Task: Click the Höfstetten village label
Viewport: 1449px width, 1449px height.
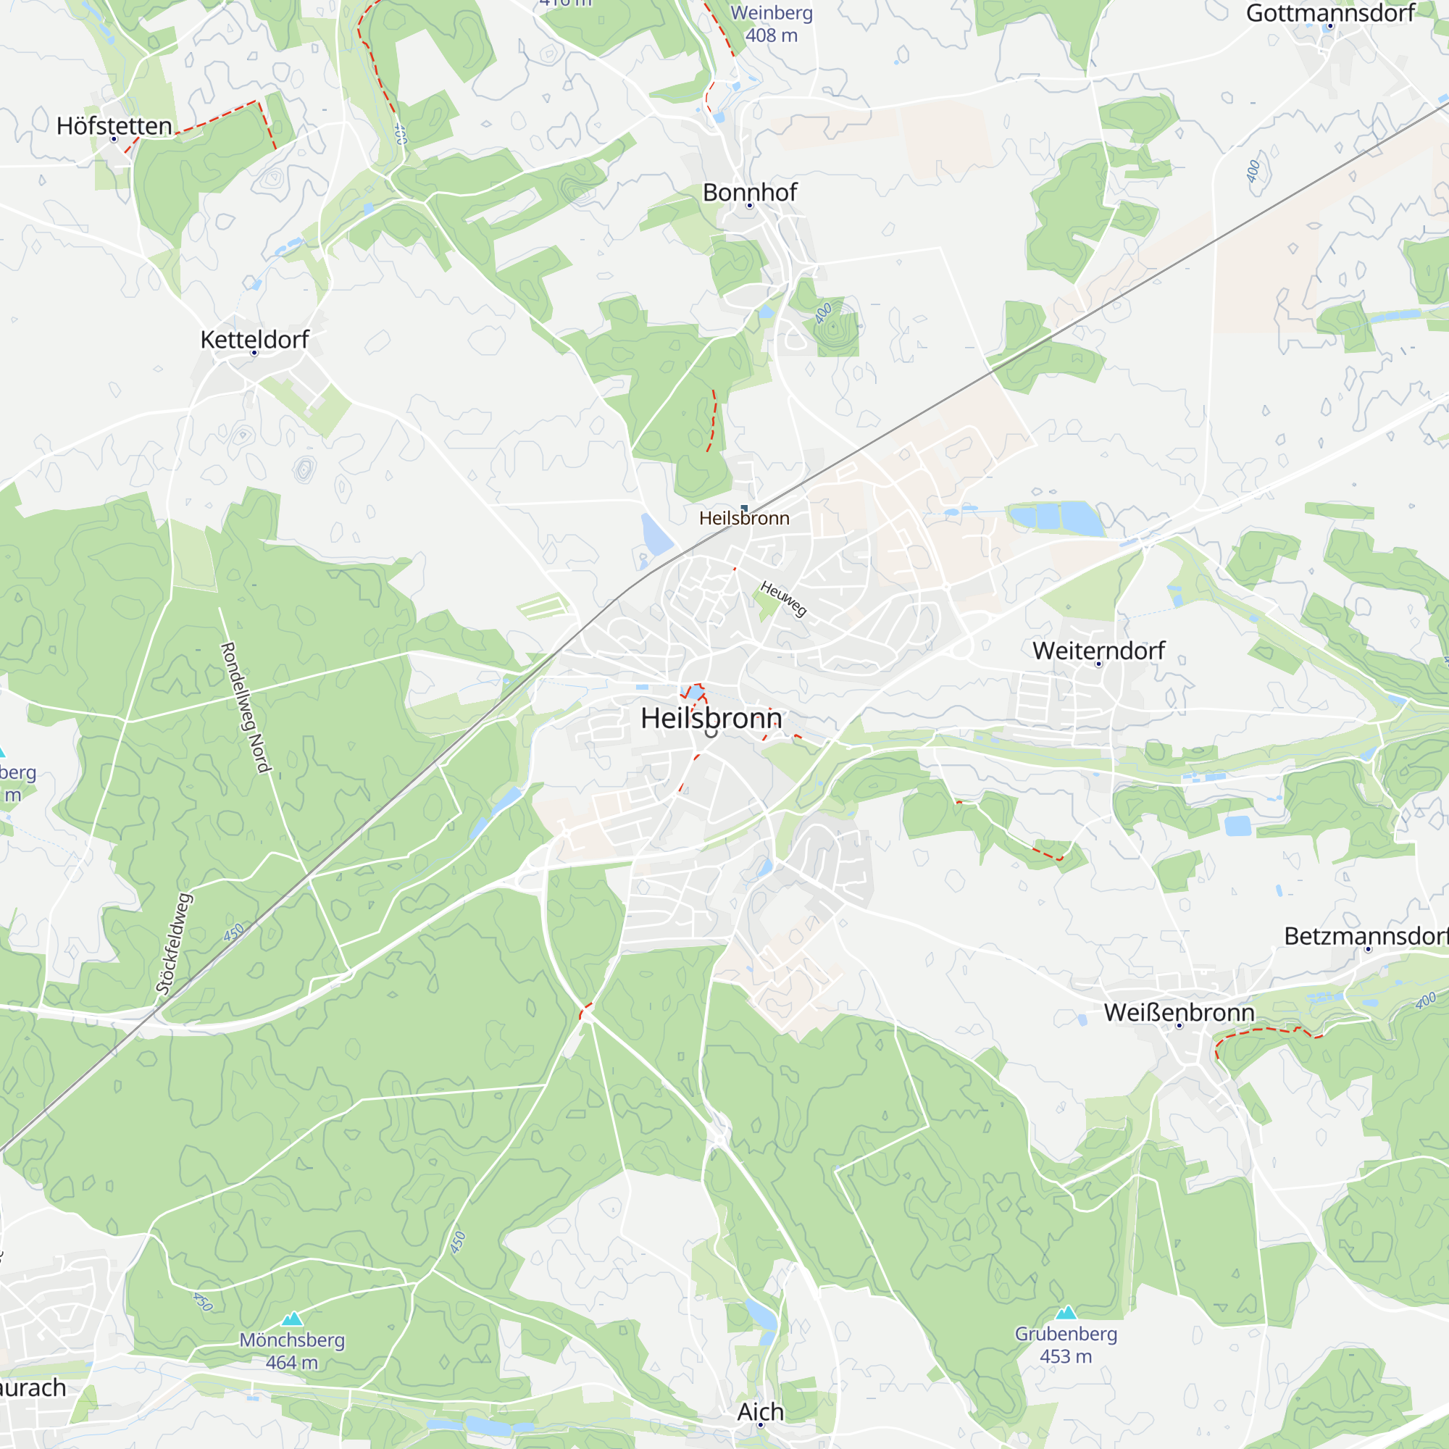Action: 114,125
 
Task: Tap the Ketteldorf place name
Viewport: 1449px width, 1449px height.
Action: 254,339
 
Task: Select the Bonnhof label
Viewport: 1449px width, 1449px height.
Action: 749,192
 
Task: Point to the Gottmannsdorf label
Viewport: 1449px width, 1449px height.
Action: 1329,13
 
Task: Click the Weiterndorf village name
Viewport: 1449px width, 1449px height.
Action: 1098,651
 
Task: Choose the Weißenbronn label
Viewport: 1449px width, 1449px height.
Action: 1178,1013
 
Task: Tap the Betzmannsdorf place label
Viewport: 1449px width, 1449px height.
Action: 1365,936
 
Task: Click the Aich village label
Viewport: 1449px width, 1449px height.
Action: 760,1411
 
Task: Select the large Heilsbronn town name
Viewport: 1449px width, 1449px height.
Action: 710,718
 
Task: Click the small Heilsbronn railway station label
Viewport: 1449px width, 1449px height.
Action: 744,518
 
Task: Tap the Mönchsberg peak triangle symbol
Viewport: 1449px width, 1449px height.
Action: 292,1319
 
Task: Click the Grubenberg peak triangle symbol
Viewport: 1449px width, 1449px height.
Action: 1066,1313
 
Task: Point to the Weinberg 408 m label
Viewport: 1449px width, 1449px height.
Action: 771,24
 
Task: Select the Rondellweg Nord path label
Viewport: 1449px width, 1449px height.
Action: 246,706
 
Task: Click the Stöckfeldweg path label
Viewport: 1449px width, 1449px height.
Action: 174,943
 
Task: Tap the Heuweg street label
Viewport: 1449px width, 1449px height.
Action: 783,598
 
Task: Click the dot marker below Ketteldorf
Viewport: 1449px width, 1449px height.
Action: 254,353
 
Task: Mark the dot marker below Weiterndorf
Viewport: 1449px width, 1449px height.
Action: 1099,664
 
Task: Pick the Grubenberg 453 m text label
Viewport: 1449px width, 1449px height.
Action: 1066,1345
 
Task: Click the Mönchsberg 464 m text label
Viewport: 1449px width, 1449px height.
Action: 292,1350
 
